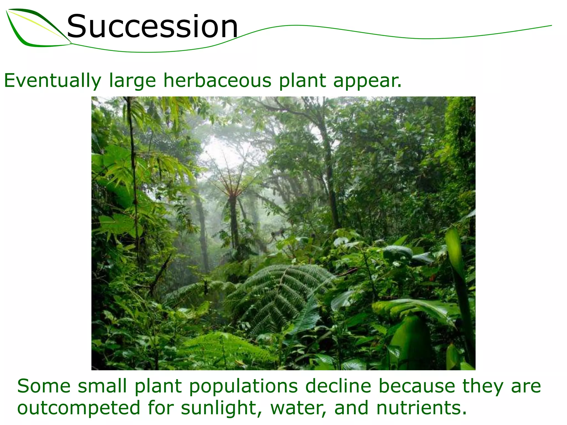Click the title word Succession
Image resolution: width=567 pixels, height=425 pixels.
pos(152,27)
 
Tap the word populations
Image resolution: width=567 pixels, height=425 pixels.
pos(244,386)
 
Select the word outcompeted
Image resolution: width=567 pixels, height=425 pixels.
pos(79,408)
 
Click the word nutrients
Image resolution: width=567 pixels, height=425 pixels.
pos(421,408)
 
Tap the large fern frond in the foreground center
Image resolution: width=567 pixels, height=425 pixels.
pos(280,293)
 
